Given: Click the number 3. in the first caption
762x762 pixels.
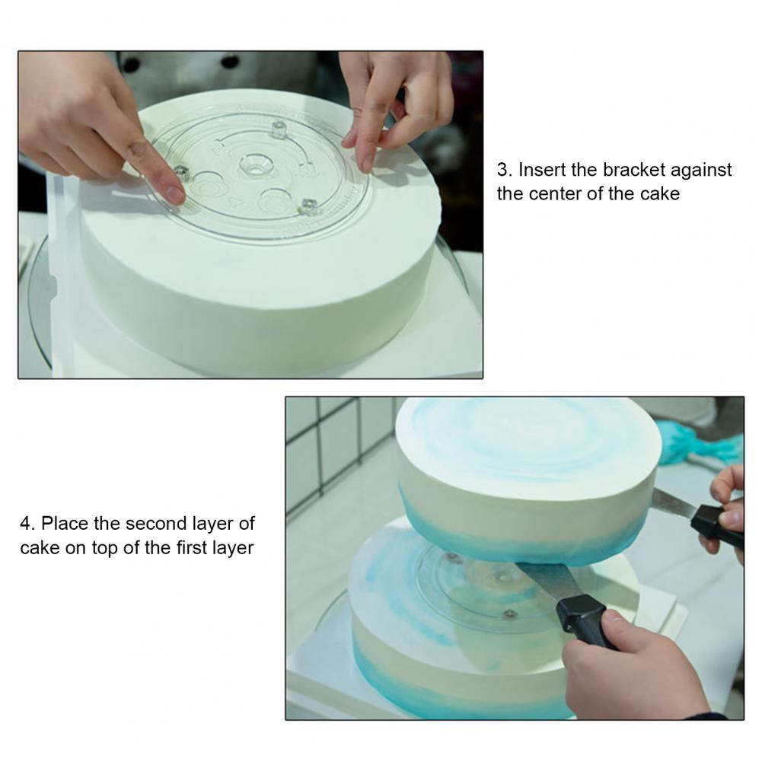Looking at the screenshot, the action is [x=505, y=170].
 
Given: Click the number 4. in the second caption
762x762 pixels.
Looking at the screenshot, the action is [x=27, y=524].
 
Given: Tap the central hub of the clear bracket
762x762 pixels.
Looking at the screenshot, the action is [x=256, y=166].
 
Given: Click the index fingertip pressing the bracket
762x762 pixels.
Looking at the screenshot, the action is [x=173, y=194].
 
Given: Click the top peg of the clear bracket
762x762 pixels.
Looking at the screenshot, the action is [x=279, y=129].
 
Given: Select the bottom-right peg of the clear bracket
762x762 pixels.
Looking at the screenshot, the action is [x=308, y=206].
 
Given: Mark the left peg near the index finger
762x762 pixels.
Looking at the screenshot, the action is [x=182, y=172].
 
